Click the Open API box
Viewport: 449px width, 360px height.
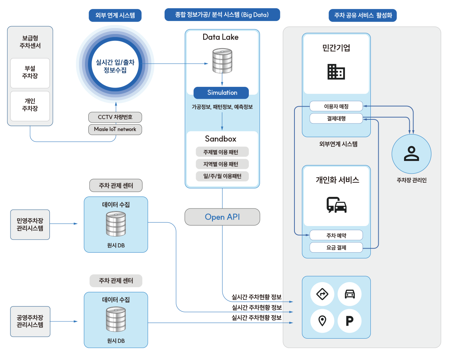(222, 217)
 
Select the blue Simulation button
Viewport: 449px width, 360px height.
(222, 93)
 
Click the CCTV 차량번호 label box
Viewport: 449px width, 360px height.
(115, 117)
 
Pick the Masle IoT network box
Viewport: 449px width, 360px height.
(115, 129)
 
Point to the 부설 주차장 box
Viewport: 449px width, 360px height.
(30, 72)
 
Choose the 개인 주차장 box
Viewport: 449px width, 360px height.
(30, 105)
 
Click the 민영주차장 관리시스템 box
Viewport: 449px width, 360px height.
(30, 224)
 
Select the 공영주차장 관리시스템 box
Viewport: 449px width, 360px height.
(30, 321)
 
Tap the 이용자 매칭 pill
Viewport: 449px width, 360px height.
(336, 106)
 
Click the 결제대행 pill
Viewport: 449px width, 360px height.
(336, 119)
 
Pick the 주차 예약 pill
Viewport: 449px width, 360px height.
(336, 235)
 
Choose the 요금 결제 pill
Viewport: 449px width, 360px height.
(336, 247)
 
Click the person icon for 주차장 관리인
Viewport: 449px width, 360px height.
(411, 153)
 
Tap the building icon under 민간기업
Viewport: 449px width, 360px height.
(336, 71)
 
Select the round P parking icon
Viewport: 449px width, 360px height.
(349, 321)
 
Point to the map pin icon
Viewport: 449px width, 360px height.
(322, 321)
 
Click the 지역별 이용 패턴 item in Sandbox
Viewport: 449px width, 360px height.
(222, 164)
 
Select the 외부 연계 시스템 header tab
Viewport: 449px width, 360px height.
(115, 15)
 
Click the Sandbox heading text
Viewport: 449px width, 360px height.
(221, 139)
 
